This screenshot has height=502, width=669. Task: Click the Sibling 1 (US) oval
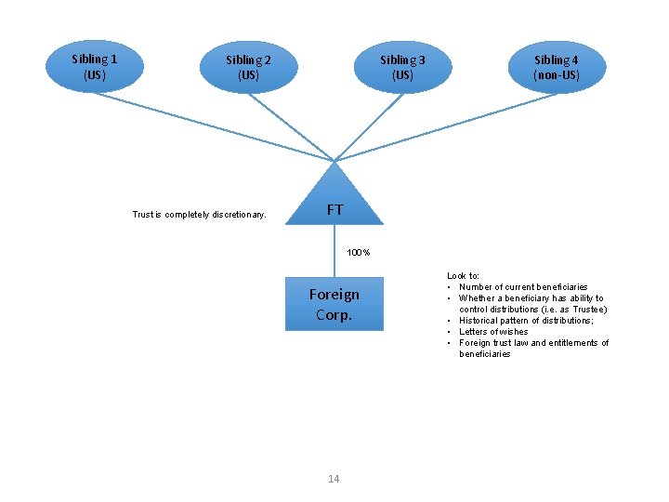[94, 66]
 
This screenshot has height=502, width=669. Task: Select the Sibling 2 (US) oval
[248, 67]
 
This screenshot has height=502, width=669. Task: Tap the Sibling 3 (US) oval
[402, 67]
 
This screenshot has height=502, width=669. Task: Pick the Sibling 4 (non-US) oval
[557, 67]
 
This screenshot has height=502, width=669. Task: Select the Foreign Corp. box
[334, 304]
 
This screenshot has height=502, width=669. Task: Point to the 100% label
[359, 253]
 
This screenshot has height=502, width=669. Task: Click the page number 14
[334, 479]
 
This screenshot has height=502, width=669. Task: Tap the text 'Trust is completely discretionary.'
[199, 215]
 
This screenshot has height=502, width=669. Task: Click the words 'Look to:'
[464, 276]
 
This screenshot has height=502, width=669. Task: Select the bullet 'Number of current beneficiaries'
[523, 287]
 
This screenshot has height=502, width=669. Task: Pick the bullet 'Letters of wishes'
[493, 332]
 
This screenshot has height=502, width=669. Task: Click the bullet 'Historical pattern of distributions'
[526, 321]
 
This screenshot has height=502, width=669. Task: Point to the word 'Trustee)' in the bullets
[589, 310]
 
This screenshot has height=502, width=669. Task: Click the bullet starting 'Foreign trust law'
[533, 343]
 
